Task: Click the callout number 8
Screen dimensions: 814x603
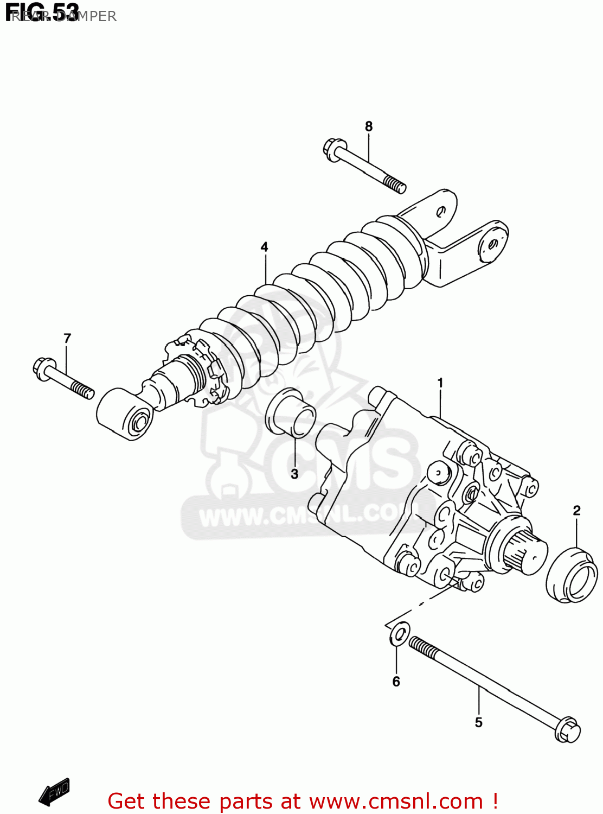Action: [x=369, y=126]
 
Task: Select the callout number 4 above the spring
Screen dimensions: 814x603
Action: [x=264, y=247]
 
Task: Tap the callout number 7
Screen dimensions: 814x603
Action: [x=67, y=339]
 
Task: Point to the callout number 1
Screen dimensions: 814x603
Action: [x=440, y=383]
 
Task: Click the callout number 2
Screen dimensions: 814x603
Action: [x=576, y=511]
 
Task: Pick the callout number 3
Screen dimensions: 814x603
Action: [x=294, y=474]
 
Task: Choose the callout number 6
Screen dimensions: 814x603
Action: [x=396, y=682]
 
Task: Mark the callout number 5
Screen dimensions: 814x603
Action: [x=478, y=722]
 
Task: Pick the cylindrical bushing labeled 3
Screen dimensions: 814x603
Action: [x=291, y=413]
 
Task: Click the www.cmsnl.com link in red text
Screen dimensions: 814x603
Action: [x=396, y=801]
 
